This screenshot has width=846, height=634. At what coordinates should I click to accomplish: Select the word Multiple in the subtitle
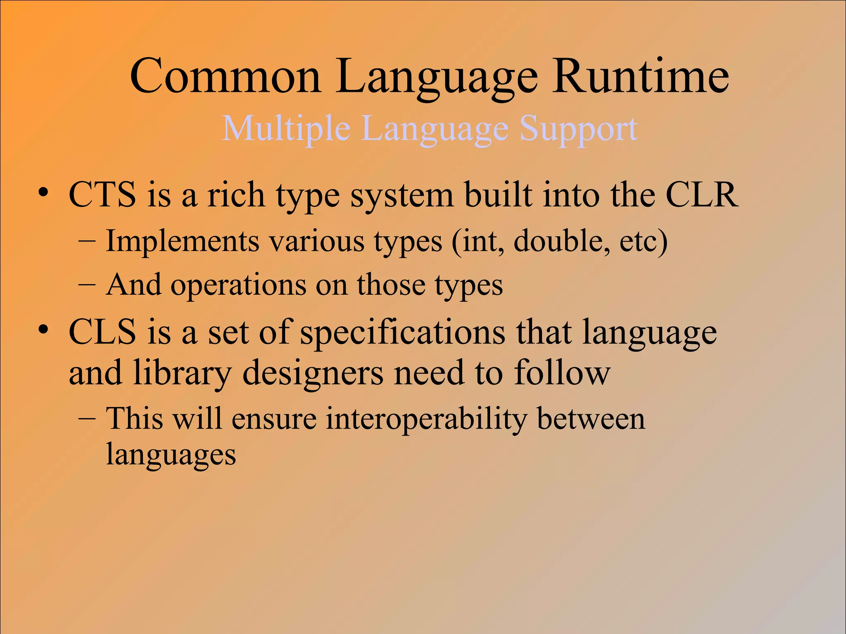tap(286, 128)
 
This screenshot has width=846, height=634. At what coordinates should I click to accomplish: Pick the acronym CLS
tap(102, 332)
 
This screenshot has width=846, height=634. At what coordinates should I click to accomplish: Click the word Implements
tap(182, 241)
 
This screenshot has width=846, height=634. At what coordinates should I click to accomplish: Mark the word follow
tap(562, 372)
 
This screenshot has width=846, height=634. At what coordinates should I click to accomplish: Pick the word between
tap(591, 419)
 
